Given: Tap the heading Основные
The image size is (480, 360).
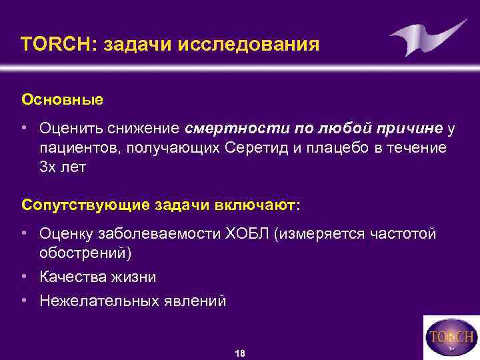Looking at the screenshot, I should (x=62, y=99).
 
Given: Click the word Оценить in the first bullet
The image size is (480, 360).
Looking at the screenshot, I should (x=71, y=127).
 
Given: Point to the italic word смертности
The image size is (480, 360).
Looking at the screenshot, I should (x=227, y=127).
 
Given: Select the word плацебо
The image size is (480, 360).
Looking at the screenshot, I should (x=335, y=147).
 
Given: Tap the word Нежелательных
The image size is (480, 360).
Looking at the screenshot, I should (x=101, y=301).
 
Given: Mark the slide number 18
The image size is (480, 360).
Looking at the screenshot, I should (x=240, y=353).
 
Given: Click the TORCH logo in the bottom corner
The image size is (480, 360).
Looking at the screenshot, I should (x=451, y=337).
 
